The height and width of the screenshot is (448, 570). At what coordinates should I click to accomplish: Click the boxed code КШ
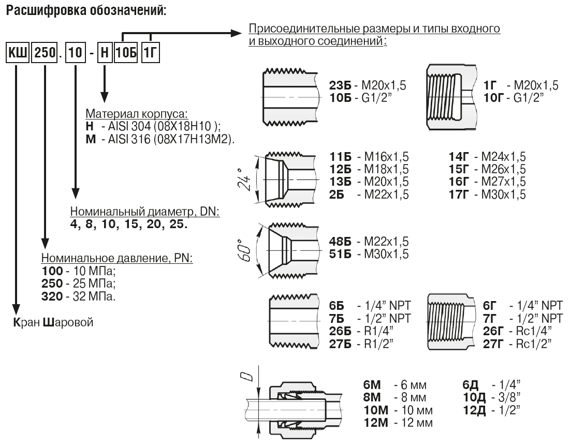coord(18,53)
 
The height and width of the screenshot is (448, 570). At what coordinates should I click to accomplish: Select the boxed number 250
coord(45,53)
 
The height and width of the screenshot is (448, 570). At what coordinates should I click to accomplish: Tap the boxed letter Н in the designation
coord(105,53)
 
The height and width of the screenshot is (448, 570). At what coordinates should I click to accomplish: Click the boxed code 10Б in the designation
coord(126,53)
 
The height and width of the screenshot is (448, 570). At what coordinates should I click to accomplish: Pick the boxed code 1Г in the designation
coord(150,53)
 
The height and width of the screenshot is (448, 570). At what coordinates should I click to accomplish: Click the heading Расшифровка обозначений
coord(86,10)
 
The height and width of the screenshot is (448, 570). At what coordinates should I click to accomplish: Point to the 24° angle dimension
coord(245,179)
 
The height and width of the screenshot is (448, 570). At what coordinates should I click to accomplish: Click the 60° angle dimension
coord(245,250)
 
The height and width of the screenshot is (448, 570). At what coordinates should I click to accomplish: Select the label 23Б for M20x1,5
coord(340,85)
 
